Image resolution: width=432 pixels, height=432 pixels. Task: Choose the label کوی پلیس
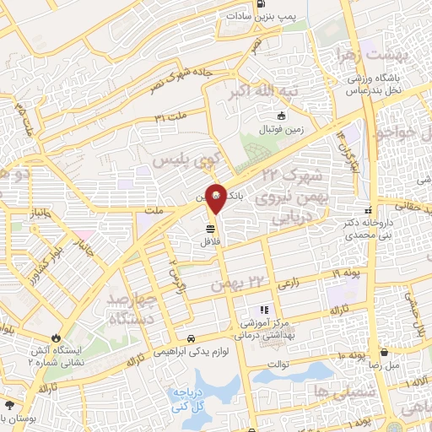coord(186,160)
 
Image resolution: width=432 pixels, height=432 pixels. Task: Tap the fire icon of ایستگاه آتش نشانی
coord(57,337)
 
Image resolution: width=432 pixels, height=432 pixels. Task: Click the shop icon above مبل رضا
coord(385,353)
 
